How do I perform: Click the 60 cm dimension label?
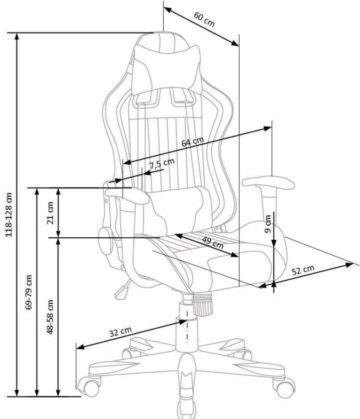(x=204, y=19)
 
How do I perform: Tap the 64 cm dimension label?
(x=193, y=142)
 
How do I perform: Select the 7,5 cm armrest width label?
(x=162, y=163)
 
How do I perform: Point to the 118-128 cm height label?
(x=9, y=214)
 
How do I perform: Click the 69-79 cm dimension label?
(x=29, y=292)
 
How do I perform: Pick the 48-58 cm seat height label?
(x=50, y=317)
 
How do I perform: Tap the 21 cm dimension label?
(x=50, y=213)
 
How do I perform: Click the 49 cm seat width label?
(x=213, y=242)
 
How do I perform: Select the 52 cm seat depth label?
(x=303, y=270)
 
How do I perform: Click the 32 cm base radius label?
(x=121, y=332)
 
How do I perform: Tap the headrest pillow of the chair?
(x=167, y=69)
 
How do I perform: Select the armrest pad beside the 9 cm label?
(x=269, y=183)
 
